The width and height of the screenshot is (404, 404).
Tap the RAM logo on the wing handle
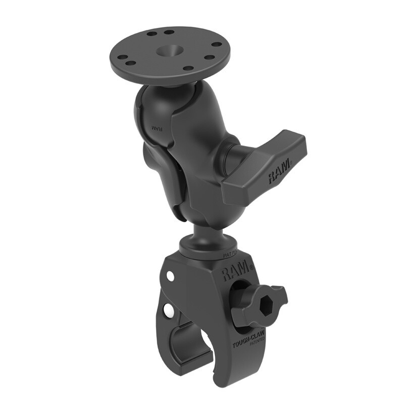[x=279, y=171]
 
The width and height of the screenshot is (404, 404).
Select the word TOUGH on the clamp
[x=240, y=345]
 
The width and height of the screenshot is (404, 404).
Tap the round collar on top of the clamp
[x=207, y=250]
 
